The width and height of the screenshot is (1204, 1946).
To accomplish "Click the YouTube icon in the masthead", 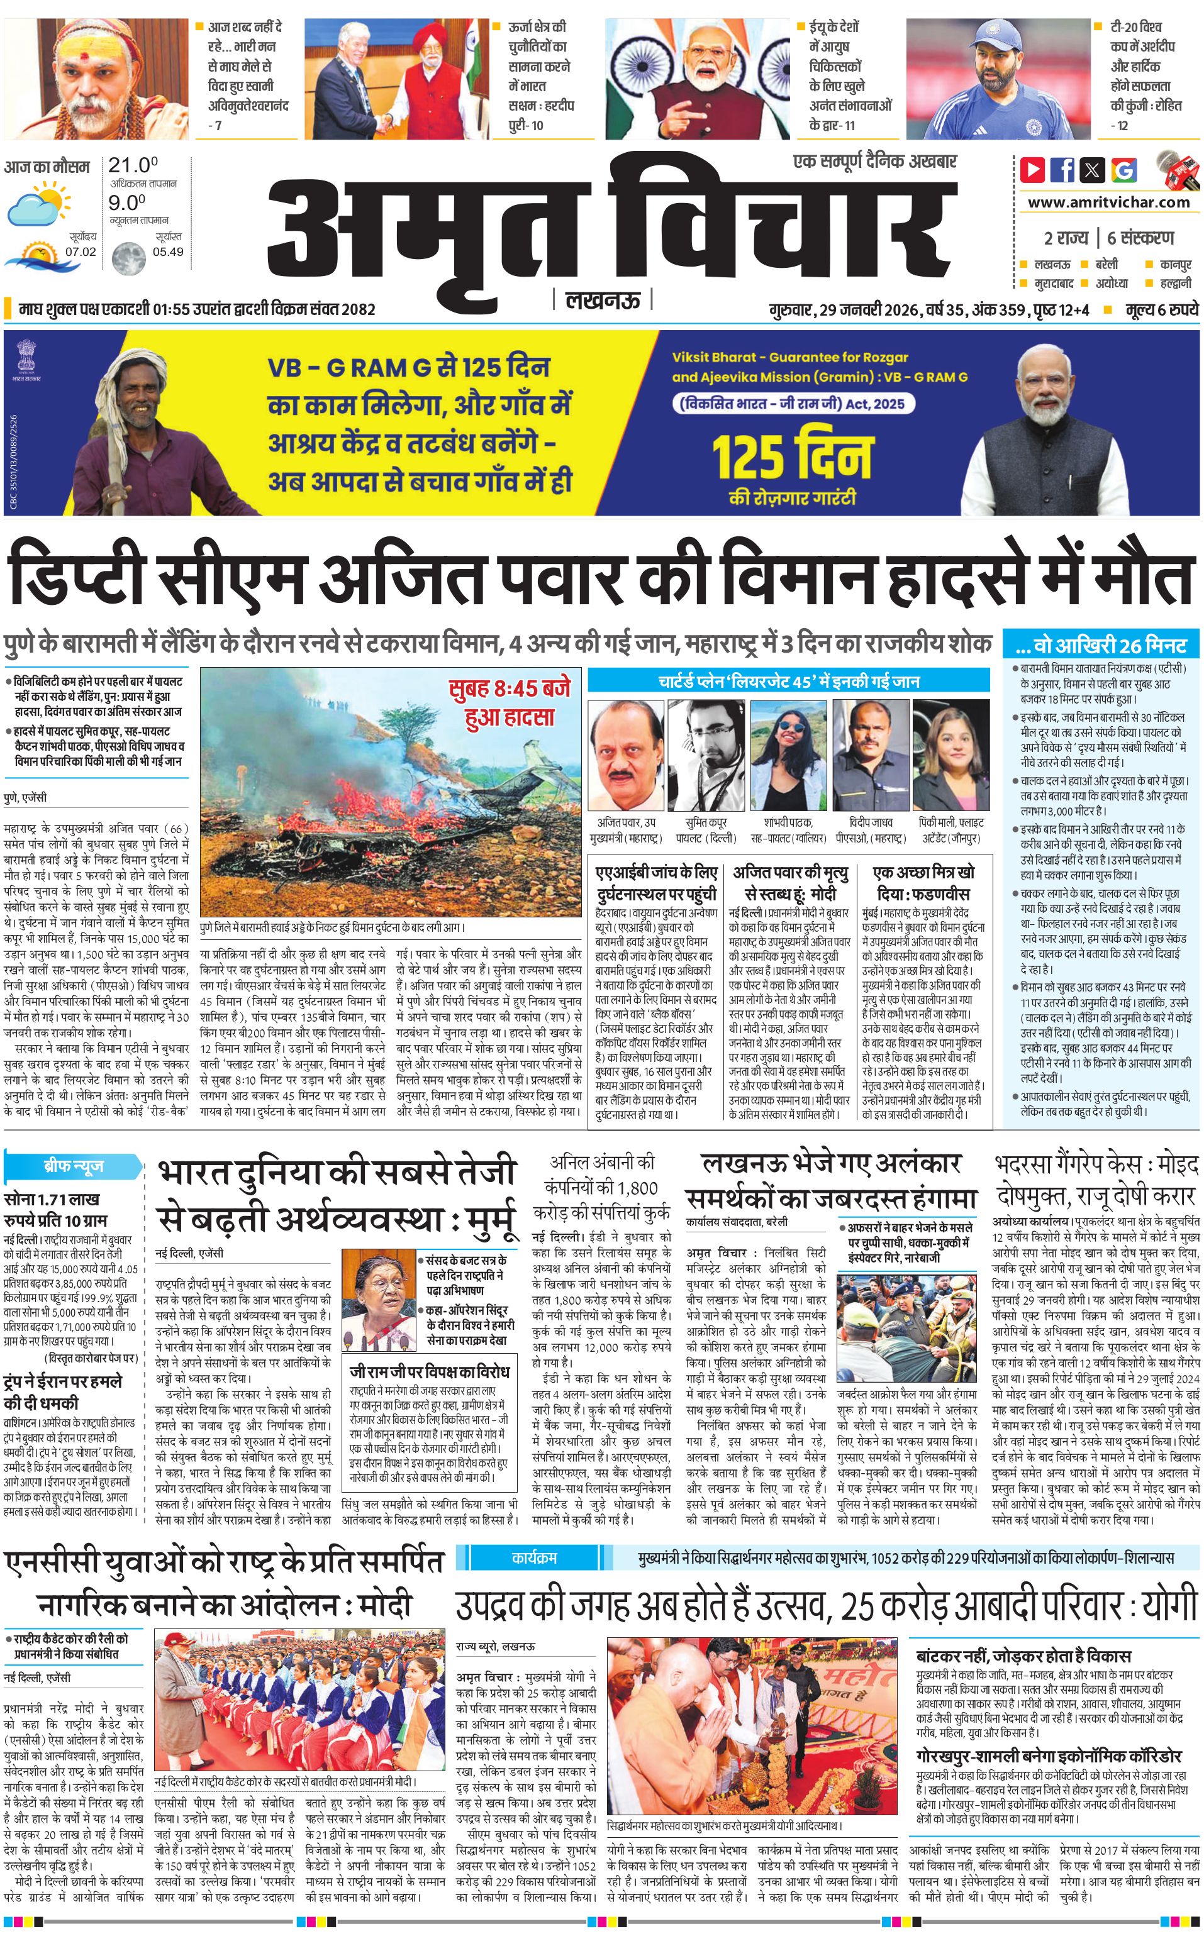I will (x=1033, y=170).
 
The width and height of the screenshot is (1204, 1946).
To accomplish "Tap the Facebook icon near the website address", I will (x=1062, y=170).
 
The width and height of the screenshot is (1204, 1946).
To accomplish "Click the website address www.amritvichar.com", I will (x=1108, y=202).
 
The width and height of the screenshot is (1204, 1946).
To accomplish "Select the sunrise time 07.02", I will (x=81, y=252).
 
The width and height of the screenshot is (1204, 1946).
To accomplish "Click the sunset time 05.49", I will (x=167, y=252).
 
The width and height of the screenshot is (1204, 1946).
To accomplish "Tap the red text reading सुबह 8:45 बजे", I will (x=510, y=688).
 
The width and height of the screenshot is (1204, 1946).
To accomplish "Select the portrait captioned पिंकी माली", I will (x=952, y=756).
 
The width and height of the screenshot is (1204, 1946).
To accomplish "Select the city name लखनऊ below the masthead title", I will (x=603, y=300).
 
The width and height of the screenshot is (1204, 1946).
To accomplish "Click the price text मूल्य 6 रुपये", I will (x=1162, y=309).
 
